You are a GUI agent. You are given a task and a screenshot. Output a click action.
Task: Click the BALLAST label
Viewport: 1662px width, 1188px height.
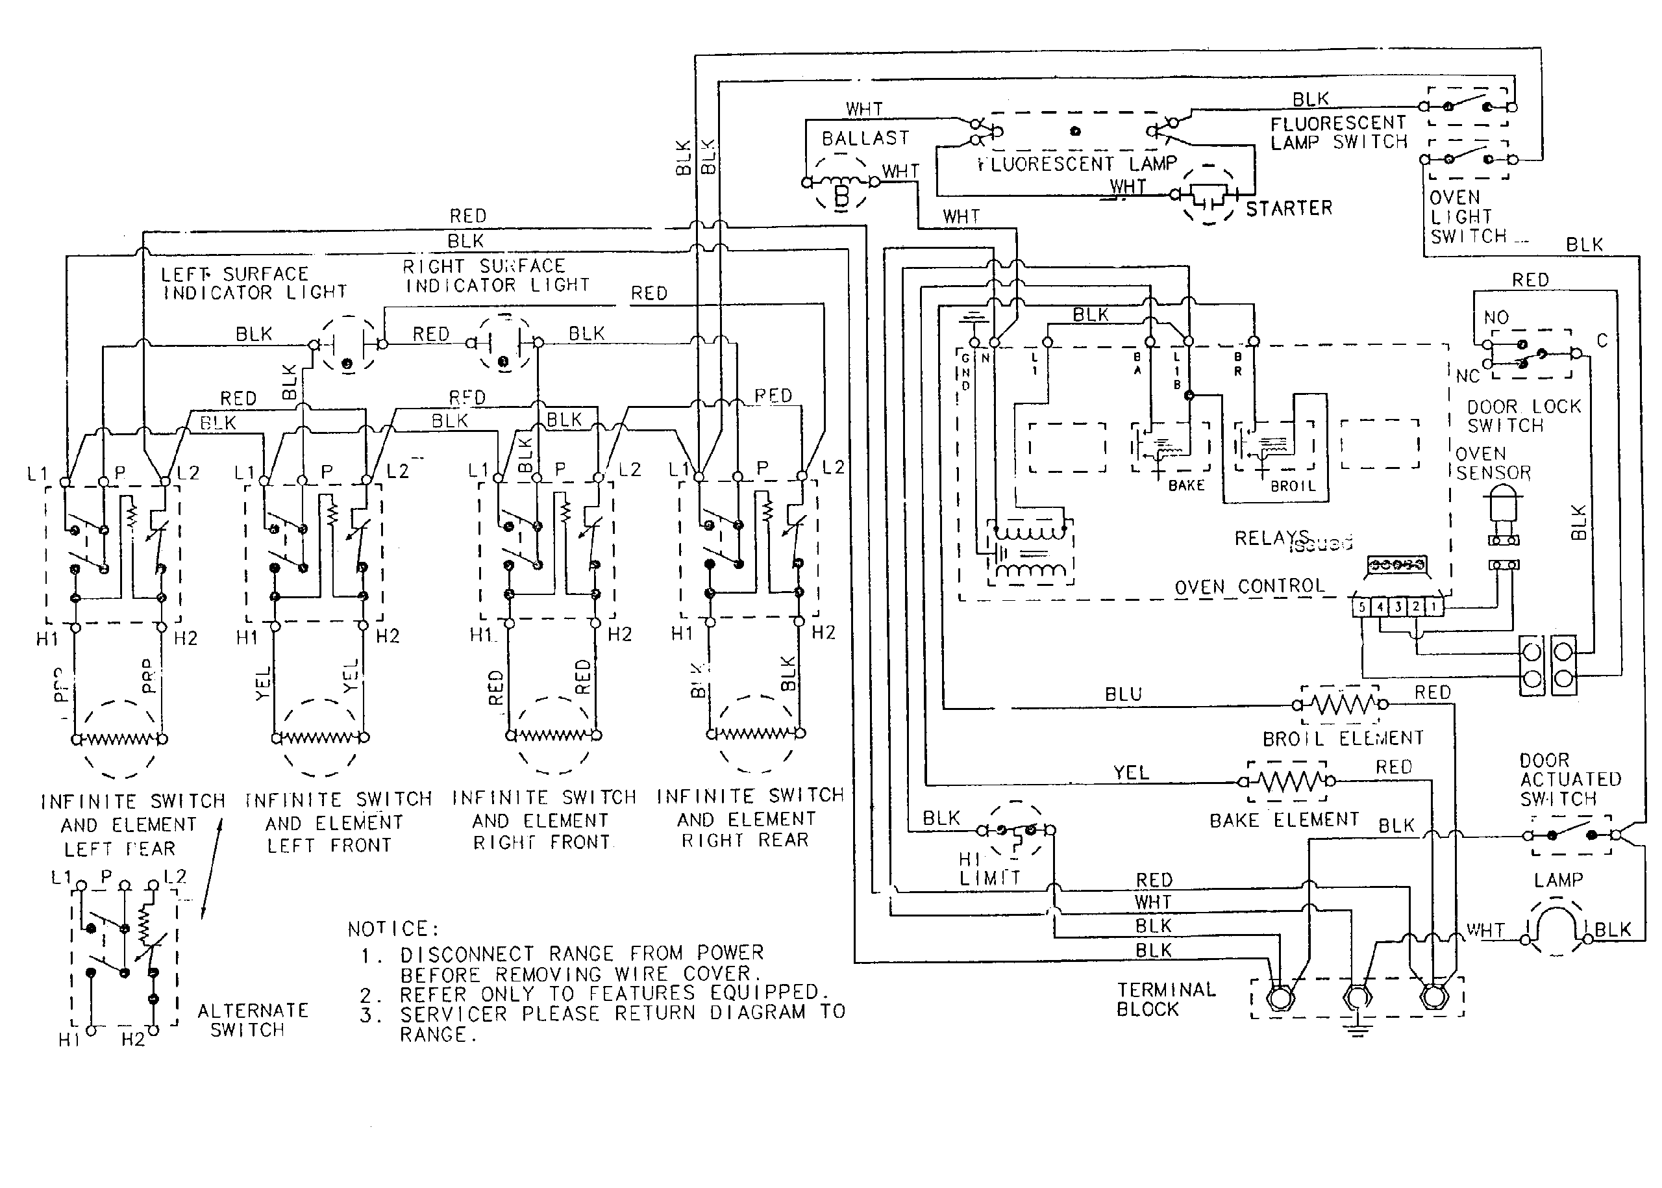865,138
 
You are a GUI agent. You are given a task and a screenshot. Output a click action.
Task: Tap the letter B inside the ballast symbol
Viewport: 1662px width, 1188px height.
841,196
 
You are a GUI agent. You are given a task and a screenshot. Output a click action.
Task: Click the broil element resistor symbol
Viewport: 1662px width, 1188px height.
1340,705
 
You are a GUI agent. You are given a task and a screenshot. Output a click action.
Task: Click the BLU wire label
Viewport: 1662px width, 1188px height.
1122,694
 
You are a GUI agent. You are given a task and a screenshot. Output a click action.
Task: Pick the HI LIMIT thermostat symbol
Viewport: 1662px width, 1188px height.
1015,830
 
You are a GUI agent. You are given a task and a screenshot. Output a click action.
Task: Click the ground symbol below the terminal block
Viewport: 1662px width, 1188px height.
1356,1031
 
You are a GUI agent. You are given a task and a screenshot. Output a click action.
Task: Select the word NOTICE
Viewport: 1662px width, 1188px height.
393,929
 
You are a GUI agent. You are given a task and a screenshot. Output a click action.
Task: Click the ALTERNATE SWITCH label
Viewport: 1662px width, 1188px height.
253,1020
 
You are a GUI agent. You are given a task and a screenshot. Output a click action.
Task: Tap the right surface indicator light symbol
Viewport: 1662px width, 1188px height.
503,343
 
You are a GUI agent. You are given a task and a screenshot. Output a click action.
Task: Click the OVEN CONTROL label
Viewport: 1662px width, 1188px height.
1249,587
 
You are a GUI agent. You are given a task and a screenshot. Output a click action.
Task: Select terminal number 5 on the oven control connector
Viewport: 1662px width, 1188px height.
1361,607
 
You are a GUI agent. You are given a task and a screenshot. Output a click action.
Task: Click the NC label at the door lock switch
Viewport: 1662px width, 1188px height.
1467,376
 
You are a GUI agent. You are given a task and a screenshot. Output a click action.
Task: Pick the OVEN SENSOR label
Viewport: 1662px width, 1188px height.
1492,463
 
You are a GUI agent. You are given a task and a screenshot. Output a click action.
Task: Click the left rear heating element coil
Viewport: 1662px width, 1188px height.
118,739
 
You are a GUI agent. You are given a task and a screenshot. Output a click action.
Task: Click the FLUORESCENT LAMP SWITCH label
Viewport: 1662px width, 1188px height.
1338,133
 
